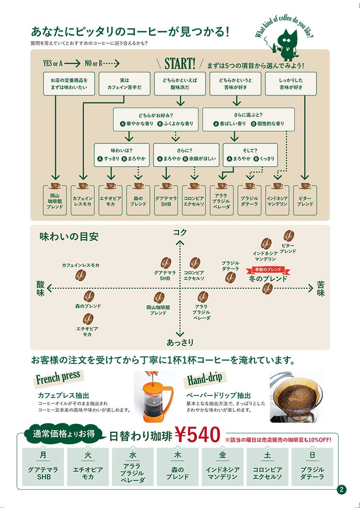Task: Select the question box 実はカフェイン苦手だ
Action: click(124, 84)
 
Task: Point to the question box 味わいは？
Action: click(122, 155)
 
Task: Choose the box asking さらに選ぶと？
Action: click(248, 119)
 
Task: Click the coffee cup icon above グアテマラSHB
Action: click(166, 186)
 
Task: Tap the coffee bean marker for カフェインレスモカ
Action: click(80, 275)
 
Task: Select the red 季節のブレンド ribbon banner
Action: click(268, 269)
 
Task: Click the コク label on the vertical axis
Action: click(180, 232)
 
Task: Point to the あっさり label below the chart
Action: click(180, 342)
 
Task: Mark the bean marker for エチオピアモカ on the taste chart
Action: click(88, 319)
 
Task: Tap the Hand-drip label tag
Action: click(205, 378)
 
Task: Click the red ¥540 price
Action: click(197, 434)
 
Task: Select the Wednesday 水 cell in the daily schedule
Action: click(133, 466)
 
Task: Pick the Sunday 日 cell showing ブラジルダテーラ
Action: click(312, 466)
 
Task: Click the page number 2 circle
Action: click(342, 490)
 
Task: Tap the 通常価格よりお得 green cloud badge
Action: click(64, 434)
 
